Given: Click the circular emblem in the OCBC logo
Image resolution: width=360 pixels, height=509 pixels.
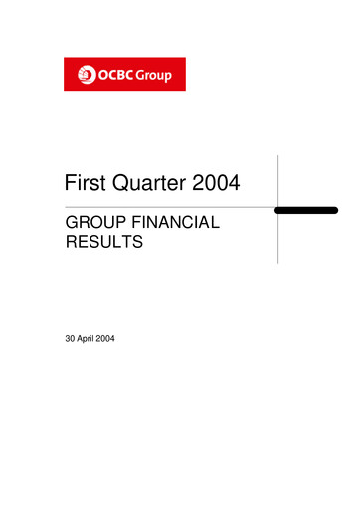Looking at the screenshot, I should click(83, 74).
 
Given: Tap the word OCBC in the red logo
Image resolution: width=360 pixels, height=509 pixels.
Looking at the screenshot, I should click(111, 74).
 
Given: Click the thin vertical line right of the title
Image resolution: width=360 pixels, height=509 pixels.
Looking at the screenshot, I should click(278, 179).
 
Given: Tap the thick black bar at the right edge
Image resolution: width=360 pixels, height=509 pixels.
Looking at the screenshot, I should click(307, 211).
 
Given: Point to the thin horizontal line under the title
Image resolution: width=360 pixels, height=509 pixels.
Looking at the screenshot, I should click(149, 207).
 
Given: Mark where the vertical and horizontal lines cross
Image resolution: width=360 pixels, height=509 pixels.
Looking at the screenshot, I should click(278, 208).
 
